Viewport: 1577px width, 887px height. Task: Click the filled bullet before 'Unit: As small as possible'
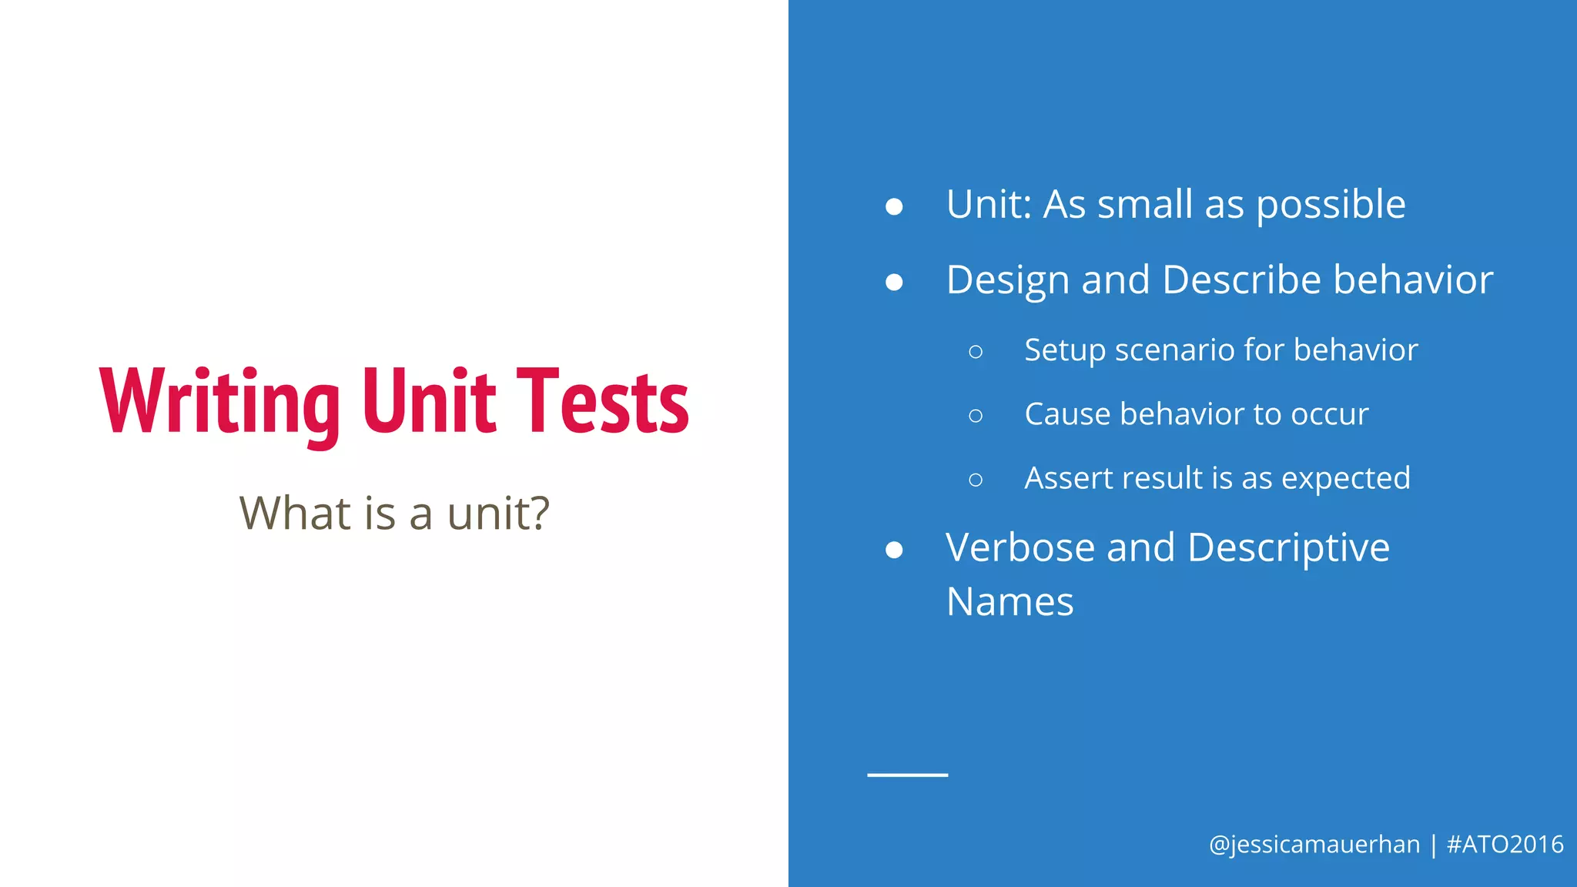[894, 206]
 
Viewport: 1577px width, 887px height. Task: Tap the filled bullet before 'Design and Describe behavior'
[894, 282]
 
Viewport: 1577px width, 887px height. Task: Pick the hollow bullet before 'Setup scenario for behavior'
[976, 352]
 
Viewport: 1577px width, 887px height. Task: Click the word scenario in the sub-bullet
[1174, 350]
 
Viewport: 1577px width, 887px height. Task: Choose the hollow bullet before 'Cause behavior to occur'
[976, 416]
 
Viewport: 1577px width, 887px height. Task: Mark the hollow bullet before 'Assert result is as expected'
[976, 480]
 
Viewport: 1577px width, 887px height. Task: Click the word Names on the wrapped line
[1009, 602]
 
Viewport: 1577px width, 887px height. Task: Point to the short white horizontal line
[907, 775]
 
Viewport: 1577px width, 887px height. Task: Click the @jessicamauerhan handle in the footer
[1314, 845]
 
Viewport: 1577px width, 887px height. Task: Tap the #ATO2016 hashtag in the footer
[1505, 845]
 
